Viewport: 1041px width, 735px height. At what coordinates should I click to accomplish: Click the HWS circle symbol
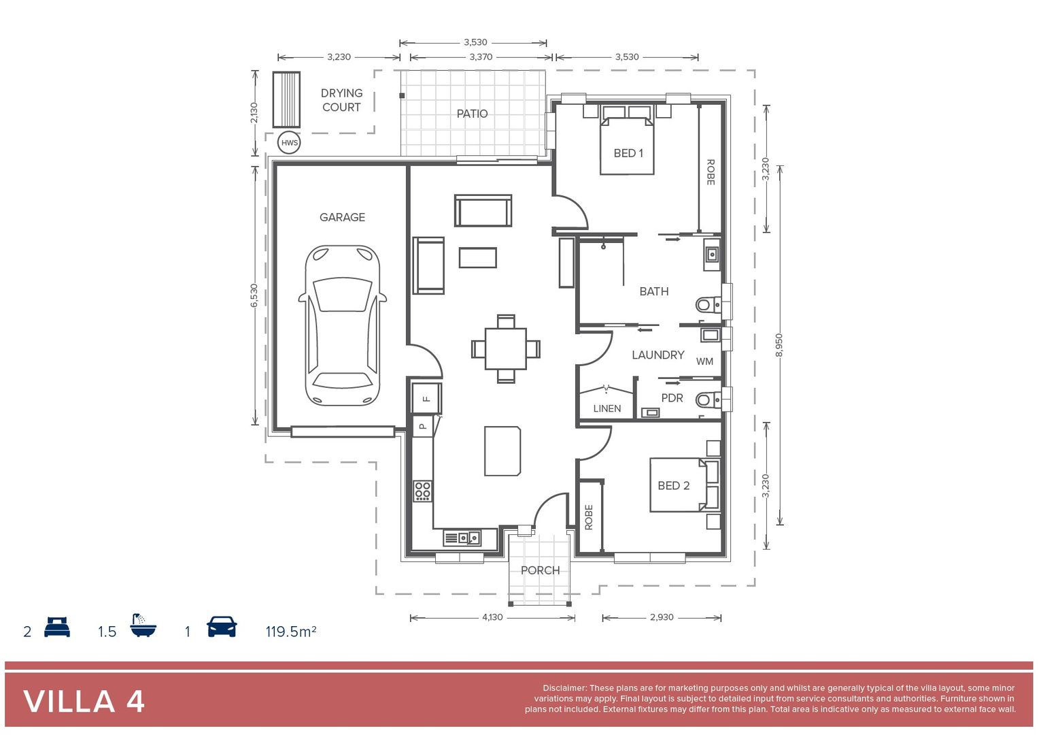[289, 142]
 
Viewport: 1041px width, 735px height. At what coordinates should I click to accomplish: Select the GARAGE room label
[342, 217]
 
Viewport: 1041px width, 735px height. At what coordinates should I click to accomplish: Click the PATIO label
[472, 114]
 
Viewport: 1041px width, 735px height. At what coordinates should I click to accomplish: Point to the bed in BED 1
[627, 144]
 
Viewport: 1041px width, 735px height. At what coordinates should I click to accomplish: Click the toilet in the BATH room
[707, 304]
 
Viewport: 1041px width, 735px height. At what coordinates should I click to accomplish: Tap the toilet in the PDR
[707, 399]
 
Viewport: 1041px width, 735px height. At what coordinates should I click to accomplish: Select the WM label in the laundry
[704, 361]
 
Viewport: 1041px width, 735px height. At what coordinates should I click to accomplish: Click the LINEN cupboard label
[607, 408]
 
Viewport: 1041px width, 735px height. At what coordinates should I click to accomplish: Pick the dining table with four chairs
[505, 348]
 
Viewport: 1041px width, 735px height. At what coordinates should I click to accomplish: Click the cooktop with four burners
[422, 491]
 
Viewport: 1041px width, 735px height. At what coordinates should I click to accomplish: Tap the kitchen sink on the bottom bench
[470, 538]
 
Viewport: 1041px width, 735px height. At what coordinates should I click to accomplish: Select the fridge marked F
[426, 398]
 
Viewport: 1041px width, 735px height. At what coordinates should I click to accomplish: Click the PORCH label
[540, 570]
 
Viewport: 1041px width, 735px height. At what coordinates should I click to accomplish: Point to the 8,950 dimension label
[779, 344]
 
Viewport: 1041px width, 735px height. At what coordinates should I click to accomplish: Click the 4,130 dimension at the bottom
[492, 617]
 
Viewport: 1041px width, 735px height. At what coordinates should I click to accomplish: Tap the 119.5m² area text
[290, 632]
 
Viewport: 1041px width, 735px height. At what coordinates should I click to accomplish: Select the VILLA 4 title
[84, 702]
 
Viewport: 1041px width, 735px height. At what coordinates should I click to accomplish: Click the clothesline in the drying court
[286, 99]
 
